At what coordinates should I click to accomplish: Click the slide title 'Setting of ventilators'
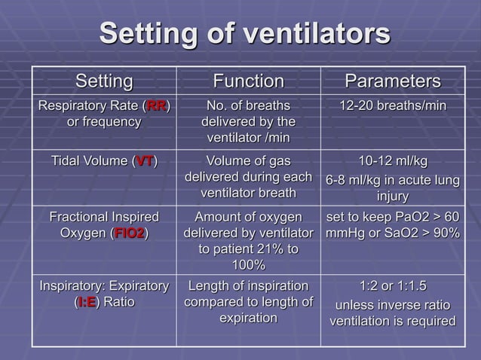[245, 34]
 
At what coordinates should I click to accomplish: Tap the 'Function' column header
[248, 81]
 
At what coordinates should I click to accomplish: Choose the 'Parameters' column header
[392, 81]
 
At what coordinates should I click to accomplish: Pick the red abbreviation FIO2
[128, 233]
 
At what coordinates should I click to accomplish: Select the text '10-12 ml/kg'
[392, 161]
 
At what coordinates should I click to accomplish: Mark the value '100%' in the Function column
[248, 265]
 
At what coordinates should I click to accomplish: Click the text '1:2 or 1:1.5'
[392, 287]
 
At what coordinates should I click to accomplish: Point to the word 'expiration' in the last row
[248, 319]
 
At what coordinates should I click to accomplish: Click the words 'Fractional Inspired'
[104, 217]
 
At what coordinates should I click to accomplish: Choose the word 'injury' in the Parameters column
[392, 197]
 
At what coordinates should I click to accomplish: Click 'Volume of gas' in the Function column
[248, 161]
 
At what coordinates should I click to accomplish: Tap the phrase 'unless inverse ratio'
[392, 305]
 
